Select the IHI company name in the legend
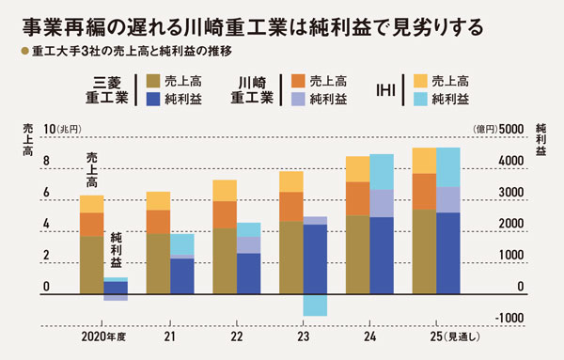[384, 88]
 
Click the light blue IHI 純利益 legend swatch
[421, 98]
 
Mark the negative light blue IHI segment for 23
[315, 305]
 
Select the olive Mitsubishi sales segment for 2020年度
[91, 266]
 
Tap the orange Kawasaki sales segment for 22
[225, 214]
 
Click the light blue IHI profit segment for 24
[382, 171]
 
